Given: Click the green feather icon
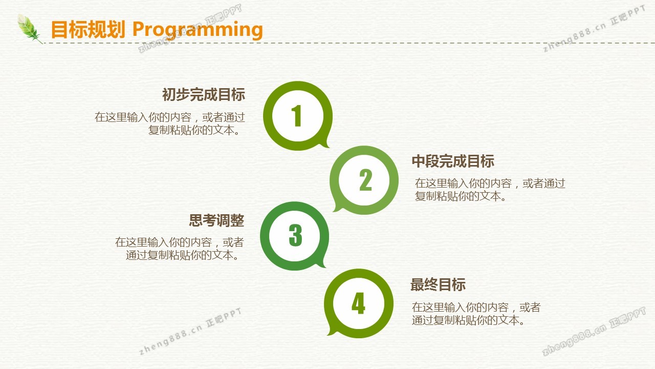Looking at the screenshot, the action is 29,29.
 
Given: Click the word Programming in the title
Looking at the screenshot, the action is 198,30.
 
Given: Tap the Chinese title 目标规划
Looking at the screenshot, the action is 88,29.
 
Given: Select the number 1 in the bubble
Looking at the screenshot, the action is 297,116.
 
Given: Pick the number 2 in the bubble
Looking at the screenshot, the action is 365,180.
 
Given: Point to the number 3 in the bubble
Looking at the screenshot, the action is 295,235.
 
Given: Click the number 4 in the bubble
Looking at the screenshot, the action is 359,303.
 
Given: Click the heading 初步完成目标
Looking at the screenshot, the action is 204,95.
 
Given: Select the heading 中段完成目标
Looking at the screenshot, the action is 453,161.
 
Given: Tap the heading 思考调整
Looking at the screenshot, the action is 216,220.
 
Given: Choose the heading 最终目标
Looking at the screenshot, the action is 438,284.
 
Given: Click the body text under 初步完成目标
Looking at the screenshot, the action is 169,124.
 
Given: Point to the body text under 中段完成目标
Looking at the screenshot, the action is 490,190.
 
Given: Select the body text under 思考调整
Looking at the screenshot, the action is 179,249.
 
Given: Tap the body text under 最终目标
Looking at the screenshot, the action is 476,314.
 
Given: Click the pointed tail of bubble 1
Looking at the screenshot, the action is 329,147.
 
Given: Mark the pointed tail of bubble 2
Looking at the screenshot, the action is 334,210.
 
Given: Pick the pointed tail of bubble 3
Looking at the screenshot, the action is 324,266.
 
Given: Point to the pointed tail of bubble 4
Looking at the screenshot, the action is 329,334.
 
